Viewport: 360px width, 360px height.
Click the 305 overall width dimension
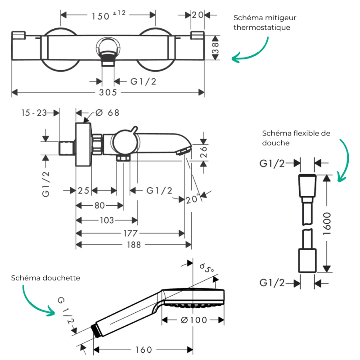[x=108, y=93]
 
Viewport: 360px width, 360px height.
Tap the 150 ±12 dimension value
[x=108, y=15]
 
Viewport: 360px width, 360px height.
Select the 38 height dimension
[x=216, y=48]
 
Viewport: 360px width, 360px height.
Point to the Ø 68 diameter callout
[x=107, y=113]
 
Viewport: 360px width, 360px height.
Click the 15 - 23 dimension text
[x=34, y=113]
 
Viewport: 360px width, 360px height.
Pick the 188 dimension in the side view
[x=134, y=245]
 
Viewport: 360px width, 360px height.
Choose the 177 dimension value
[x=130, y=234]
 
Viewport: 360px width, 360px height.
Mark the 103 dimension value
[x=107, y=220]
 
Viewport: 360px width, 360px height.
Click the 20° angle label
[x=192, y=199]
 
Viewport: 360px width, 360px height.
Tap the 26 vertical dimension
[x=203, y=152]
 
